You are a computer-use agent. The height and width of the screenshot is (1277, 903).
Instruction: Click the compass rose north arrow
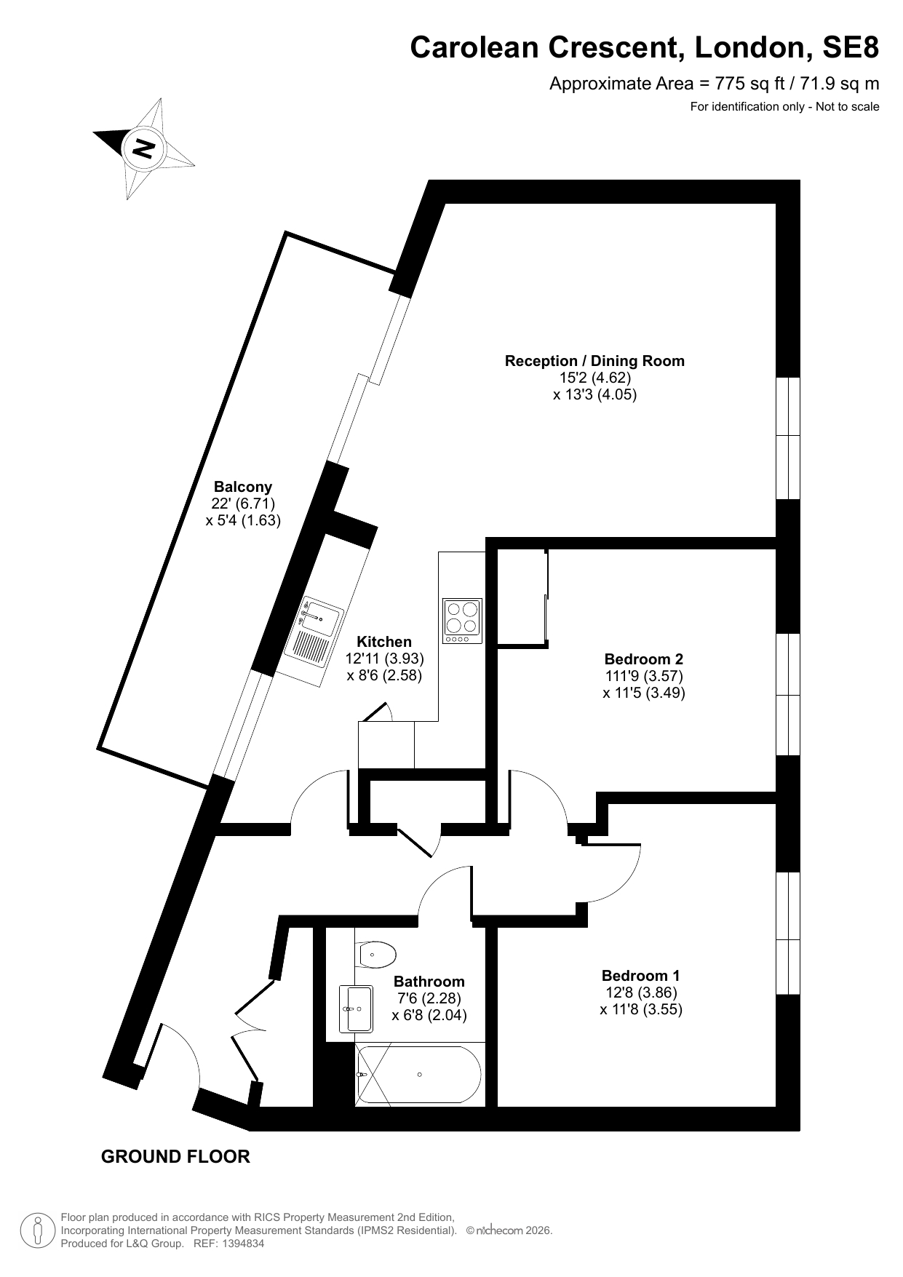click(x=143, y=148)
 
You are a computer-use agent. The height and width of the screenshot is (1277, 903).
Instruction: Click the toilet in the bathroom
click(x=375, y=953)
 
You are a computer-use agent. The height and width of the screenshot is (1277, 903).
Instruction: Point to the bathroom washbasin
click(x=357, y=1009)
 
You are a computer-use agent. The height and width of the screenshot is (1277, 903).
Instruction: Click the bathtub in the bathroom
click(x=418, y=1075)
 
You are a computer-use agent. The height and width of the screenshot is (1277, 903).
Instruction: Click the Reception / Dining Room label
click(x=594, y=361)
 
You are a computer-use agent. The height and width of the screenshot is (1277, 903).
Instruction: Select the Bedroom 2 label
click(x=644, y=659)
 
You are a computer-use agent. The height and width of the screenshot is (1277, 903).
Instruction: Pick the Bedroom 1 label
click(x=641, y=976)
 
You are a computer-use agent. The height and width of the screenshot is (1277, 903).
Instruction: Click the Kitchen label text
click(x=384, y=642)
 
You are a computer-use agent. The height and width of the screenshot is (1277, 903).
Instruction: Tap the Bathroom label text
click(x=429, y=982)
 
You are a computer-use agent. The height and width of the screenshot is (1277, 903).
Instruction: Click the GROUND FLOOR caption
click(x=175, y=1156)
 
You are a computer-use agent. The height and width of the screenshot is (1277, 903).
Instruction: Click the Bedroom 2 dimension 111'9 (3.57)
click(x=644, y=676)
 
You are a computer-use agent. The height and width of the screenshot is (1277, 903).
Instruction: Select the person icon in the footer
click(x=39, y=1230)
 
